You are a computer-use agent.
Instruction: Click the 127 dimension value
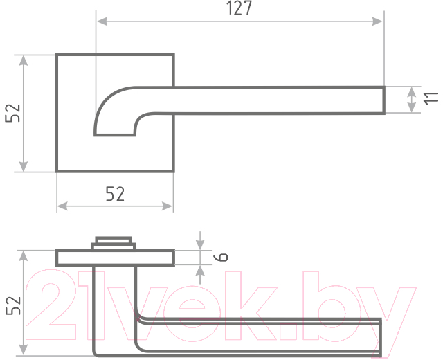point(239,8)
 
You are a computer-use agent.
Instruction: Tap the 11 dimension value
point(431,98)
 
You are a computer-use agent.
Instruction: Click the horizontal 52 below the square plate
point(115,194)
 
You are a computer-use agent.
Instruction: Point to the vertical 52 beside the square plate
point(13,113)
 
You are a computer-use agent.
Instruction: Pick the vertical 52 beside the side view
point(13,305)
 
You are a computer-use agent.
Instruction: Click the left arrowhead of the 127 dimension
point(102,21)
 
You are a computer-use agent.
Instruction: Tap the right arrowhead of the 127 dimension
point(377,21)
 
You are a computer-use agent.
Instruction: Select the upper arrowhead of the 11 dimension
point(412,92)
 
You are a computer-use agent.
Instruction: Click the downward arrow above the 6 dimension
point(200,241)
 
